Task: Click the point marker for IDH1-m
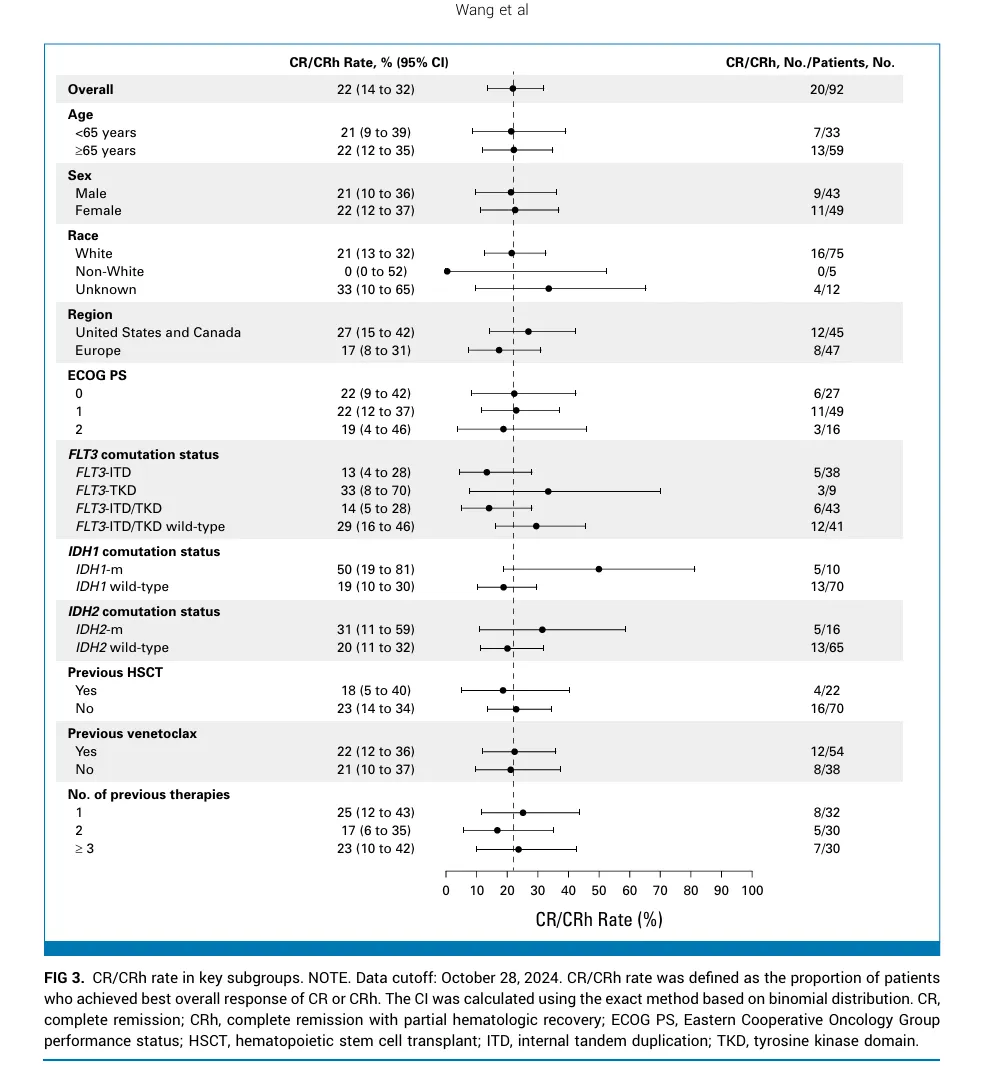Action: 599,569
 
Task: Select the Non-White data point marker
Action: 447,271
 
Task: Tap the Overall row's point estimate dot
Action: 513,89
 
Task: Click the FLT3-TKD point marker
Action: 548,491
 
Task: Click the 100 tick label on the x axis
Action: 752,890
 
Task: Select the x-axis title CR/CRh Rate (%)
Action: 599,919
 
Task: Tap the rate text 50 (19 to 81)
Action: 376,569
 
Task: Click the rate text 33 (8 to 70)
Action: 376,491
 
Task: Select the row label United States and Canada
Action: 158,332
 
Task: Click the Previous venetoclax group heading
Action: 132,733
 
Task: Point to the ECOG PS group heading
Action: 96,376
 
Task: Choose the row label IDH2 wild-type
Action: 122,648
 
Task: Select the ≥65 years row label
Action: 105,150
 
